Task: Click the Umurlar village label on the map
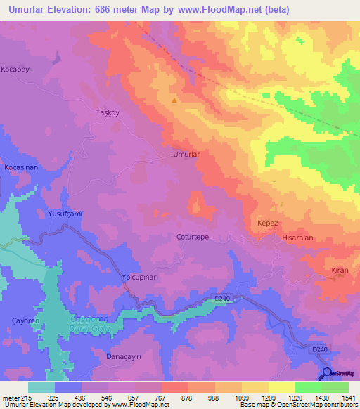(187, 153)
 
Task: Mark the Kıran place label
(340, 271)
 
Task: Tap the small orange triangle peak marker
(174, 100)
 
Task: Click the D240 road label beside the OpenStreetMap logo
(320, 349)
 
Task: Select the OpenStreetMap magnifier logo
(328, 374)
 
